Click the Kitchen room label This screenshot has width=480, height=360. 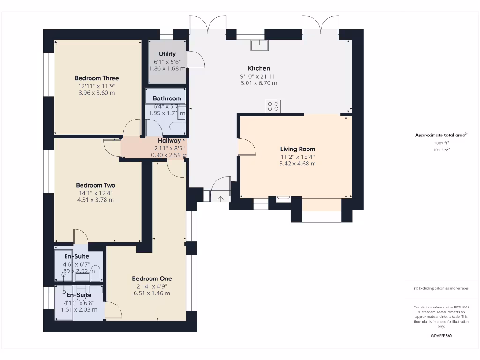click(x=259, y=68)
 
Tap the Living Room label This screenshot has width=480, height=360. click(x=298, y=149)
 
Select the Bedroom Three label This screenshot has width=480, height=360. click(x=97, y=78)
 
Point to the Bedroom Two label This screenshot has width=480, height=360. click(x=96, y=185)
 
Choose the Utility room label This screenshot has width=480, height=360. click(x=167, y=54)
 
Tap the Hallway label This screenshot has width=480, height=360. click(x=169, y=140)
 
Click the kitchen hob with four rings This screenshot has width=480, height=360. click(x=273, y=106)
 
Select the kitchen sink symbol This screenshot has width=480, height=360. click(x=258, y=45)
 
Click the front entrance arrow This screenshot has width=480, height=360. click(x=220, y=198)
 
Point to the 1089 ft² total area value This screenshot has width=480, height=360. click(x=441, y=143)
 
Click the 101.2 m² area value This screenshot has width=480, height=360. click(x=441, y=150)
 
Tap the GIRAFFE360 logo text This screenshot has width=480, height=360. click(x=441, y=336)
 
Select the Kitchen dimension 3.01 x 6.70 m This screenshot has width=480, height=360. click(x=259, y=83)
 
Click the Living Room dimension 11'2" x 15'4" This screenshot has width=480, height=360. click(x=298, y=157)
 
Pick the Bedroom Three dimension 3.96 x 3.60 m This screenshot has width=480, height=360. click(x=97, y=93)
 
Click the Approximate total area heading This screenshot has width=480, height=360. click(x=441, y=135)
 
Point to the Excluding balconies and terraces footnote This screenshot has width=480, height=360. click(x=441, y=288)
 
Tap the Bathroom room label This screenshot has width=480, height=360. click(x=167, y=98)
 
